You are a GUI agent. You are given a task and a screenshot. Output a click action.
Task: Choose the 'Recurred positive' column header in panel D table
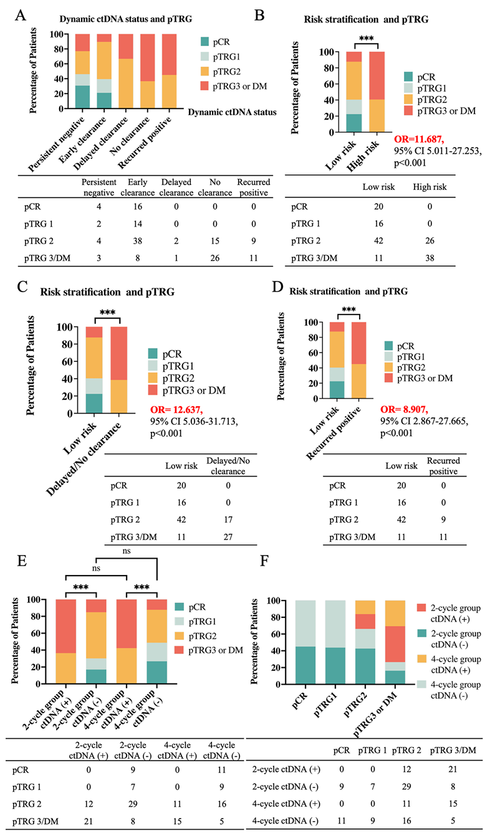(443, 465)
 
